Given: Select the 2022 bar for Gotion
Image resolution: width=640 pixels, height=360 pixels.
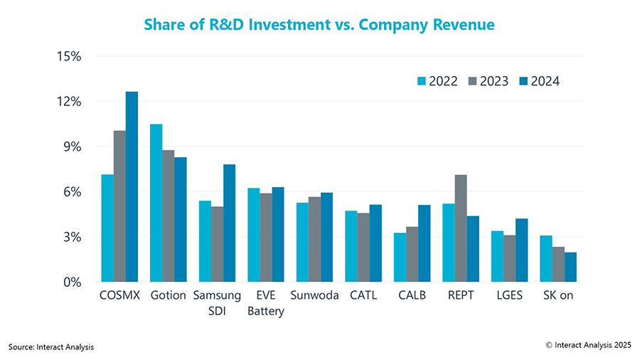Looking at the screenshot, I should pos(156,203).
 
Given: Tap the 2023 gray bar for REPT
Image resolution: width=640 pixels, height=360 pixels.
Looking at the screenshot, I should pos(461,228).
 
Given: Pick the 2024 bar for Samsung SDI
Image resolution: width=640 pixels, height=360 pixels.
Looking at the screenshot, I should pos(229,223).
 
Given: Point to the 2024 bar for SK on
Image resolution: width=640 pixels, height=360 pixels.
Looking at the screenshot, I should pos(570,267).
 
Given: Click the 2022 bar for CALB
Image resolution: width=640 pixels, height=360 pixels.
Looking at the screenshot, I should pos(400,257).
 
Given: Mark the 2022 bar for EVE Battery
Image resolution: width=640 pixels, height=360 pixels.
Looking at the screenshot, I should pos(253,235).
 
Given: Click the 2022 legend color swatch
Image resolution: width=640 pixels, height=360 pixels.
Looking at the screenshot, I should pos(420,81).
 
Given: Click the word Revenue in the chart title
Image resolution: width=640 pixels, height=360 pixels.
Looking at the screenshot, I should pos(466,25).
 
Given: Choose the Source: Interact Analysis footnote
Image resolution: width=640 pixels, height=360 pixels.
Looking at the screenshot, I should pos(51,346).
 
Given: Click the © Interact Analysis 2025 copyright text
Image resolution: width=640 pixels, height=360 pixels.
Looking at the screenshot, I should pos(588,344).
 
